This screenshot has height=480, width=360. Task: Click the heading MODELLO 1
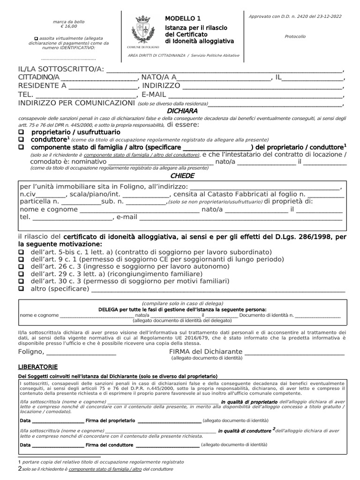point(182,18)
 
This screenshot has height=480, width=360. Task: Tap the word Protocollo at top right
point(295,36)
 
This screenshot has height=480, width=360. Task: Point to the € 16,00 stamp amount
point(66,27)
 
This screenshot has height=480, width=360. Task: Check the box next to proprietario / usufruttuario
point(21,133)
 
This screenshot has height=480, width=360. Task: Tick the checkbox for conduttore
point(21,140)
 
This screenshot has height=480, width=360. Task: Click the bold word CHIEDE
point(182,176)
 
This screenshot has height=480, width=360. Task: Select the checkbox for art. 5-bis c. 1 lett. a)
point(21,252)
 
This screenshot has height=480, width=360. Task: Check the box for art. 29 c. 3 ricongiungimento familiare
point(21,274)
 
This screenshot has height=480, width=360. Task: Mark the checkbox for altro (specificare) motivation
point(21,289)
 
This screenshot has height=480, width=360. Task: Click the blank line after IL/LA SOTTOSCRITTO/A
point(225,70)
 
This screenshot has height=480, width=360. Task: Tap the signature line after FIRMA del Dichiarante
point(294,352)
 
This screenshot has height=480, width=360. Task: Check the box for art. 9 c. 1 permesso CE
point(21,259)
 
